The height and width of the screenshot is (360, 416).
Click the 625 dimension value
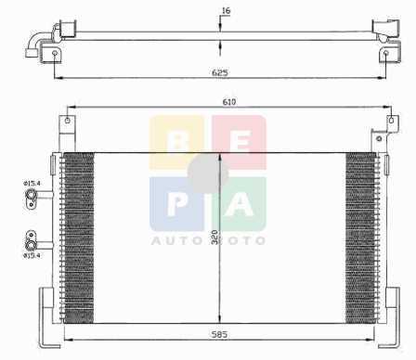tap(220, 73)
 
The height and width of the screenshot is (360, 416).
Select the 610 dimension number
tap(229, 101)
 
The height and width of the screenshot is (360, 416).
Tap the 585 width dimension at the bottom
tap(219, 334)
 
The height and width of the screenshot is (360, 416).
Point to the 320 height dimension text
tap(215, 238)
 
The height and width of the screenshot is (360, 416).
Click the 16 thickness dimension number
tap(227, 11)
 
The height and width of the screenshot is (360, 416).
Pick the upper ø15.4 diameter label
tap(32, 184)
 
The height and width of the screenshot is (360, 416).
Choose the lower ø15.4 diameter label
tap(32, 255)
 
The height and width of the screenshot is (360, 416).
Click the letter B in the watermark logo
tap(177, 143)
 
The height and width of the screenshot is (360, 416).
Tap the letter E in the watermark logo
tap(240, 143)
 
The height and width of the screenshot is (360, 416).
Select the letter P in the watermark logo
tap(175, 205)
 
